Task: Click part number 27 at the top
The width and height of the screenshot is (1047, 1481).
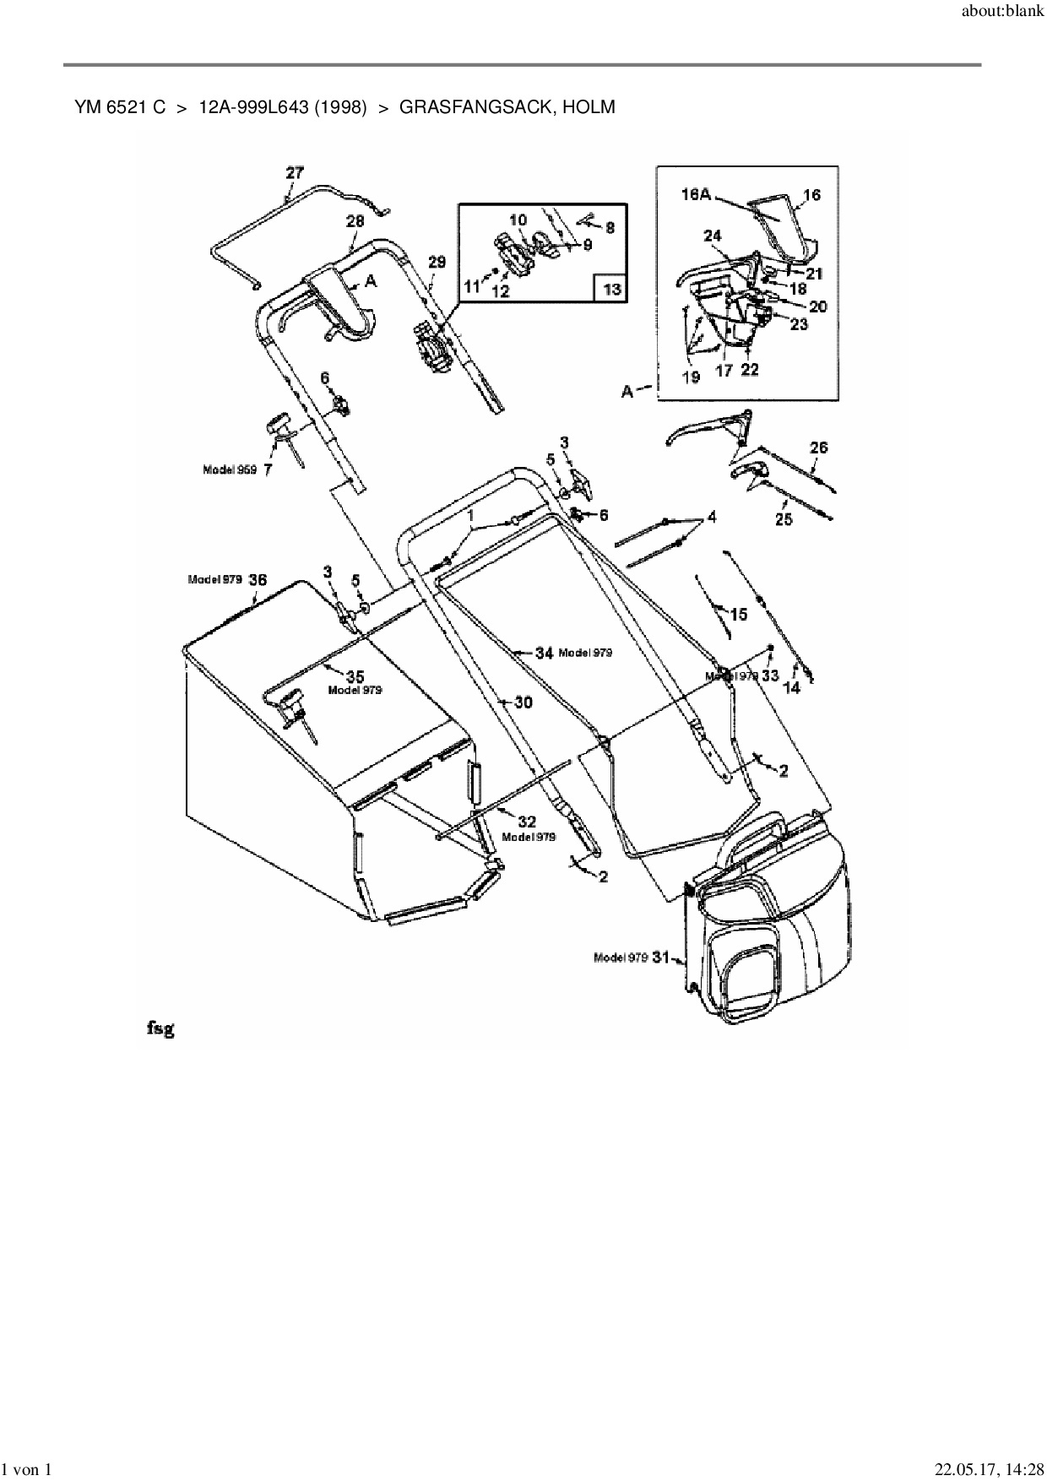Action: [x=294, y=172]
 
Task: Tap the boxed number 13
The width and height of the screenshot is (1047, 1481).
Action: [x=611, y=290]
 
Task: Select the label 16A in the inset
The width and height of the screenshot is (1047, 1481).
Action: [x=696, y=195]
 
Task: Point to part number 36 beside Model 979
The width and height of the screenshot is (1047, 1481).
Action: [x=258, y=580]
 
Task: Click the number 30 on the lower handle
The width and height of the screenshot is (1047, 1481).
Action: [x=523, y=703]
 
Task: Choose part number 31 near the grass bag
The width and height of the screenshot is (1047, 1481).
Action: [x=661, y=957]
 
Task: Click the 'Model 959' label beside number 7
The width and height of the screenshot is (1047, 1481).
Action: [x=230, y=469]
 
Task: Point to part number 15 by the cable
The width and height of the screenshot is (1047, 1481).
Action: [x=739, y=615]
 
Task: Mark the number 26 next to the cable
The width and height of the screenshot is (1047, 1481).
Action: [x=819, y=448]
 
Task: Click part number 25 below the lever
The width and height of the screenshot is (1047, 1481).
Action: [x=784, y=519]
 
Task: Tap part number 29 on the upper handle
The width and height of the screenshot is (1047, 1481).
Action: [x=437, y=263]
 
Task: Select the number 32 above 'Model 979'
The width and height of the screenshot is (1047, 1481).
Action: [x=527, y=822]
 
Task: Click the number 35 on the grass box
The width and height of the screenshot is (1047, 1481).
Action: [x=355, y=675]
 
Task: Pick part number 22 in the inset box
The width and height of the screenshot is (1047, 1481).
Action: [x=750, y=369]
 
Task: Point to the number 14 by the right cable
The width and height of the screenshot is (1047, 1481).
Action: [x=791, y=688]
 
